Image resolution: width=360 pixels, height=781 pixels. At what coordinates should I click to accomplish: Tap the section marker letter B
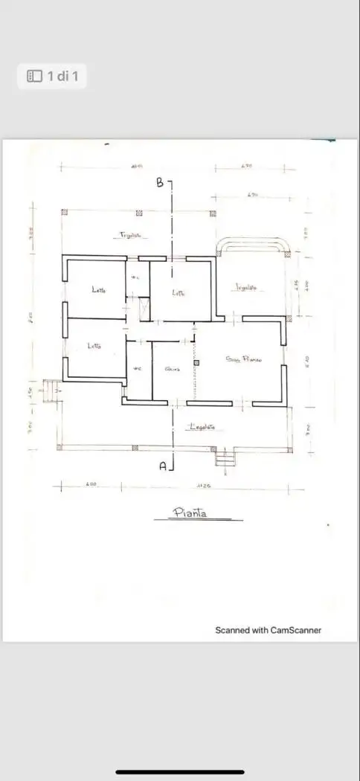(x=160, y=184)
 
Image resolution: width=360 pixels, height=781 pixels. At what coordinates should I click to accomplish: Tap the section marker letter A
(x=163, y=466)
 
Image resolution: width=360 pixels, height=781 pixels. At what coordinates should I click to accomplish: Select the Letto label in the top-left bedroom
(x=99, y=290)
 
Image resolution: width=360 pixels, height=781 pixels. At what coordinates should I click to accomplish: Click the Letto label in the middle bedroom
(x=179, y=293)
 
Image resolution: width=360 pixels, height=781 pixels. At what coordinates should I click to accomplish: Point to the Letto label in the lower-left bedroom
(x=94, y=346)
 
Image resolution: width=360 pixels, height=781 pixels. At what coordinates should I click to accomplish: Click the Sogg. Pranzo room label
(x=241, y=359)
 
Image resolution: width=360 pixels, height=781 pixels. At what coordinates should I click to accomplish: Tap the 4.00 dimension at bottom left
(x=91, y=485)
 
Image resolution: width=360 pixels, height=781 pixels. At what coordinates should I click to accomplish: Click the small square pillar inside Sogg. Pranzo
(x=196, y=363)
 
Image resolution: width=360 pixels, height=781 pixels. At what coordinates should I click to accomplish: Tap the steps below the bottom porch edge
(x=225, y=457)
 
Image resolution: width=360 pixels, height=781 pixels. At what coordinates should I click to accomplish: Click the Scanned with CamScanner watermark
(x=268, y=630)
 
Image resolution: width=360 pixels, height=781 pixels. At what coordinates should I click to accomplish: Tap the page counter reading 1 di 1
(x=52, y=76)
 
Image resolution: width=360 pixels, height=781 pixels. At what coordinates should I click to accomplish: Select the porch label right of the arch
(x=246, y=287)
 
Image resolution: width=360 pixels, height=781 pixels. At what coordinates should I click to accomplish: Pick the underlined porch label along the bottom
(x=202, y=427)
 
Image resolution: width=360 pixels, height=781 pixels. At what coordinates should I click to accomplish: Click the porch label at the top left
(x=131, y=235)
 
